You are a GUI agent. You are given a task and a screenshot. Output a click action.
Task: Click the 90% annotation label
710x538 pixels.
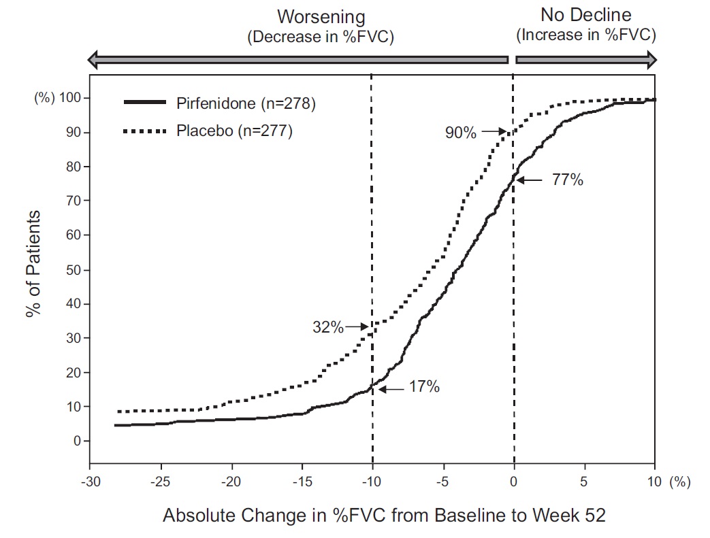click(x=461, y=133)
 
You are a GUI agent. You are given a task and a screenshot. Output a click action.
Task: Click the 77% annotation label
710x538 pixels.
click(x=568, y=181)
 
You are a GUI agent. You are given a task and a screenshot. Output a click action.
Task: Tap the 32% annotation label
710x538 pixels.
click(x=328, y=327)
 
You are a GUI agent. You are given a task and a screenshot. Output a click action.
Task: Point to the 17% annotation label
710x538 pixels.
click(x=424, y=388)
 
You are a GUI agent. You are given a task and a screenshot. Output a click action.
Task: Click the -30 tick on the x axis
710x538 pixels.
click(x=89, y=482)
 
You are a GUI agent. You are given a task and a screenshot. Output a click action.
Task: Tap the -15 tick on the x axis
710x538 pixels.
click(x=300, y=482)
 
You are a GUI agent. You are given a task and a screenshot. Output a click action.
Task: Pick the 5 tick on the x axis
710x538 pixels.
click(x=584, y=482)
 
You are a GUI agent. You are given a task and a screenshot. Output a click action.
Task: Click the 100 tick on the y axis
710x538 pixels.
click(x=71, y=98)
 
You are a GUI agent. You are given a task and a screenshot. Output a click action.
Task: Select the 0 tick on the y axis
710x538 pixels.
click(x=78, y=441)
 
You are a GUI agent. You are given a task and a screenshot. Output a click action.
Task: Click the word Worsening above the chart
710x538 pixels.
click(x=321, y=17)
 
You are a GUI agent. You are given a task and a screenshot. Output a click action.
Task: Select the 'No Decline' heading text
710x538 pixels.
click(x=585, y=15)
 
